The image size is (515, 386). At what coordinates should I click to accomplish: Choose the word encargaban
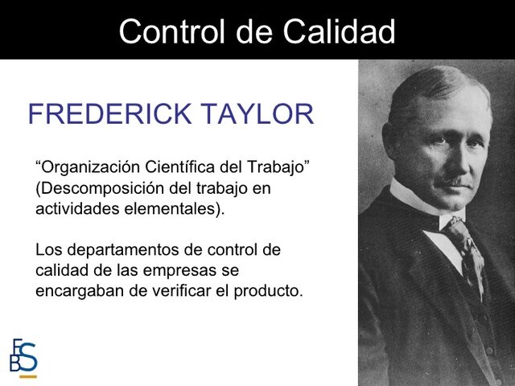tap(77, 291)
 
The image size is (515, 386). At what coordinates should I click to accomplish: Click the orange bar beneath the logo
tap(28, 376)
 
